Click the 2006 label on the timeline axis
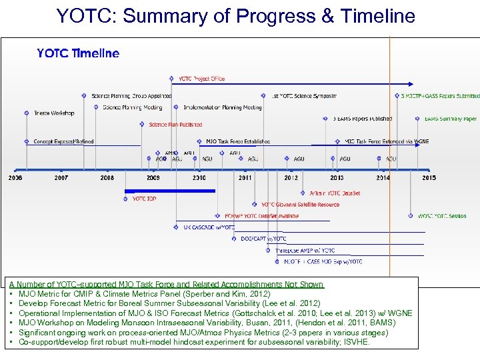tap(15, 178)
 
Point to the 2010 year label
tap(199, 178)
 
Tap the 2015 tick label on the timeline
tap(429, 178)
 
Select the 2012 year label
tap(291, 178)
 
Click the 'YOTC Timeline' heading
tap(78, 53)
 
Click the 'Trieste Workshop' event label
tap(54, 113)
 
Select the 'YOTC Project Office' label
tap(200, 79)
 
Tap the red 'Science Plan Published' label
tap(175, 125)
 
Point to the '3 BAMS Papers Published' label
tap(363, 119)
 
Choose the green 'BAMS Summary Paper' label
tap(451, 119)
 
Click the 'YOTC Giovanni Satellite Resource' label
tap(300, 205)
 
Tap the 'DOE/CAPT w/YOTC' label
tap(263, 239)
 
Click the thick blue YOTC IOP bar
tap(170, 191)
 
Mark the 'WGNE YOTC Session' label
tap(442, 216)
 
